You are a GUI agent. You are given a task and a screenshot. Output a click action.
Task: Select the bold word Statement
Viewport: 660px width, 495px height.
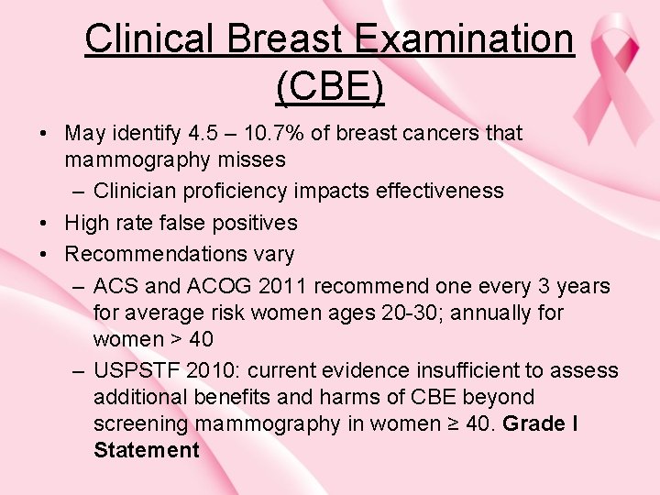(146, 450)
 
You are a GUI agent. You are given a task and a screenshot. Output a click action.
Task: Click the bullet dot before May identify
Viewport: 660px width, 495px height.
(45, 134)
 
